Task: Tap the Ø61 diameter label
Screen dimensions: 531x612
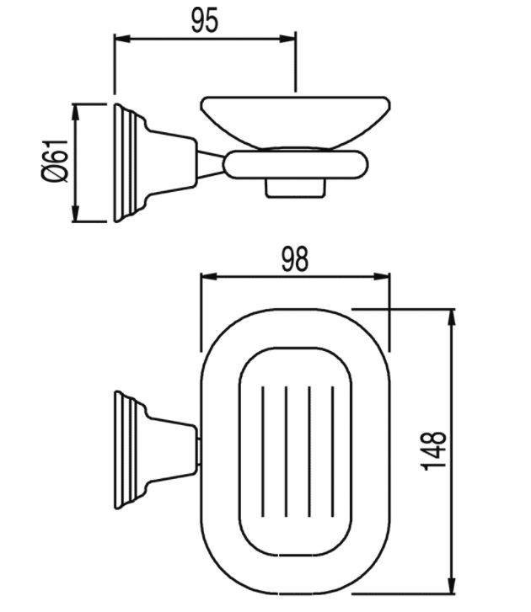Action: [x=55, y=161]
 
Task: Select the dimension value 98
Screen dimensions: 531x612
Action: [x=295, y=258]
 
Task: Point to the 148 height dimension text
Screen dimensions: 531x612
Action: [x=434, y=451]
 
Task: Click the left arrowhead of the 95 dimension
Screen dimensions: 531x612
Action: [x=121, y=39]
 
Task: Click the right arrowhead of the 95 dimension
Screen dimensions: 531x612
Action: [x=287, y=39]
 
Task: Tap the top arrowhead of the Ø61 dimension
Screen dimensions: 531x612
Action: [x=76, y=112]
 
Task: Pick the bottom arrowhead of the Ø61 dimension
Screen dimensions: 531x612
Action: [x=76, y=214]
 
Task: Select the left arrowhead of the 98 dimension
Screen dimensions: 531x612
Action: [x=208, y=276]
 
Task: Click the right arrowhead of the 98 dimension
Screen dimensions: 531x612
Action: [x=382, y=276]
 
